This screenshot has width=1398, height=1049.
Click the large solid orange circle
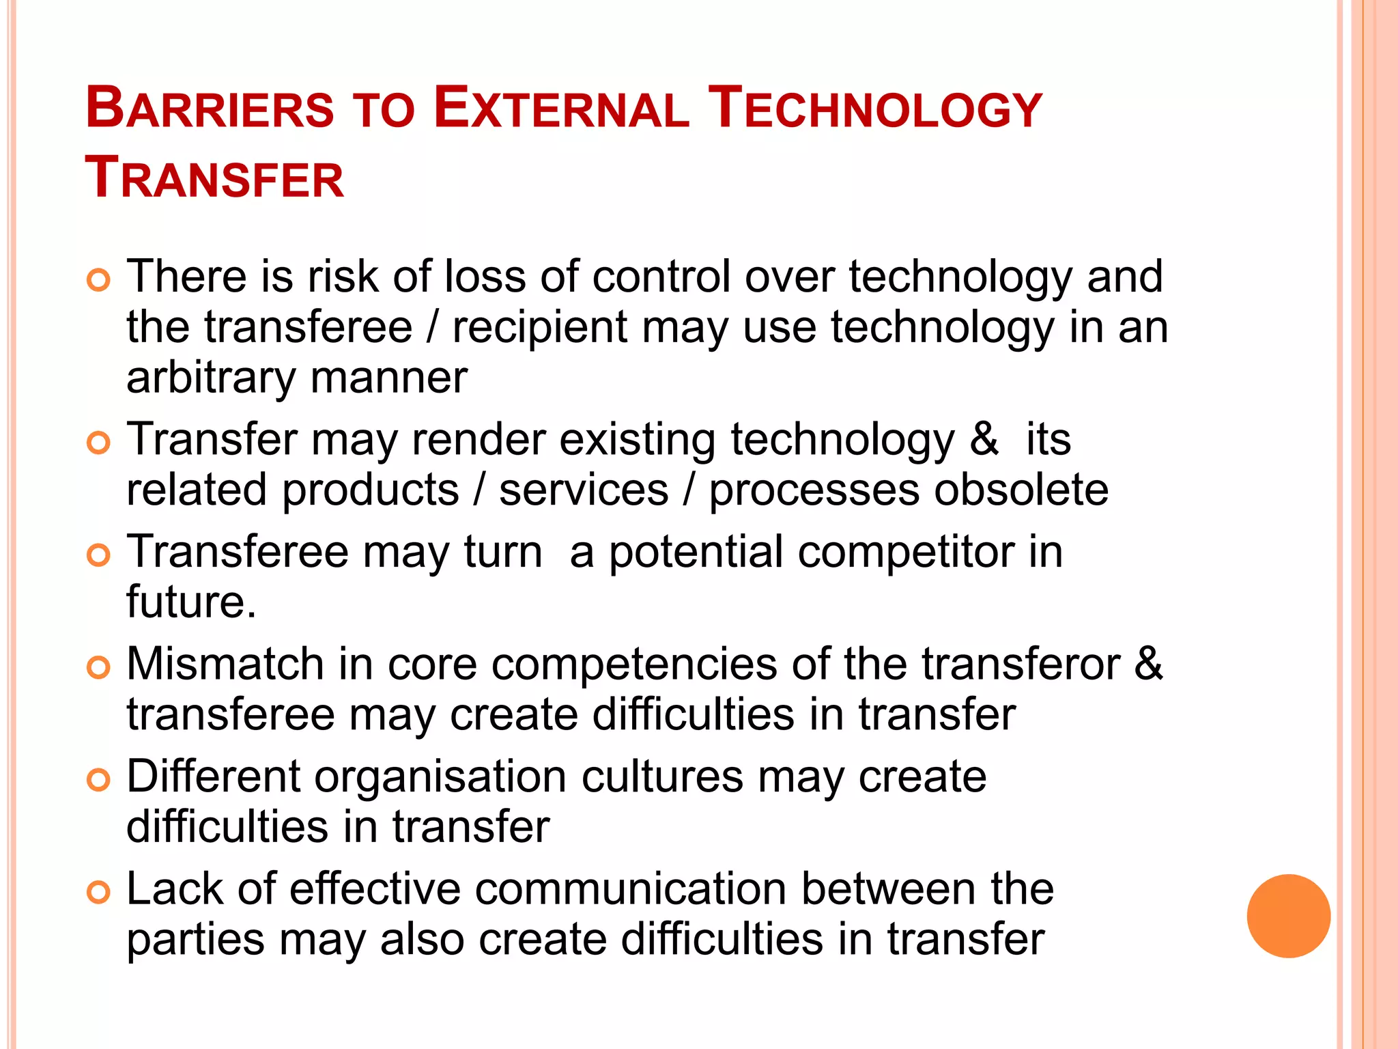[1288, 916]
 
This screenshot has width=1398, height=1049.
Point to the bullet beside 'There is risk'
[99, 280]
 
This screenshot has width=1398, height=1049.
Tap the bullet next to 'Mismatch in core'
[99, 667]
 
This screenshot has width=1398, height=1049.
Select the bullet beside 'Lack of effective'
[99, 892]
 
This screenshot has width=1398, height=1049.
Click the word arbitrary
[209, 379]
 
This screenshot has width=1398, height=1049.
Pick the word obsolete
[1021, 490]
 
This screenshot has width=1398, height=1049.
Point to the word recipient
[539, 328]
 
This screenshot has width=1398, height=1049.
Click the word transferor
[1021, 664]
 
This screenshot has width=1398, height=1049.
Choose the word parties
[195, 940]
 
